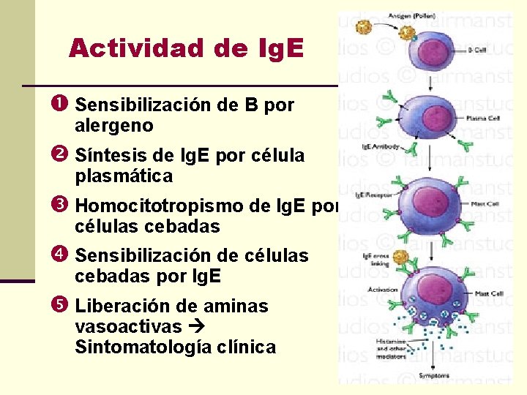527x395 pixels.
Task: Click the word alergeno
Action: tap(113, 126)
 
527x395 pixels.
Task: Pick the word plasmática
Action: tap(124, 176)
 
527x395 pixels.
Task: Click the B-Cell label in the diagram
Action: tap(476, 50)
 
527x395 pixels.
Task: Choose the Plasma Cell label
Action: tap(480, 117)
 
